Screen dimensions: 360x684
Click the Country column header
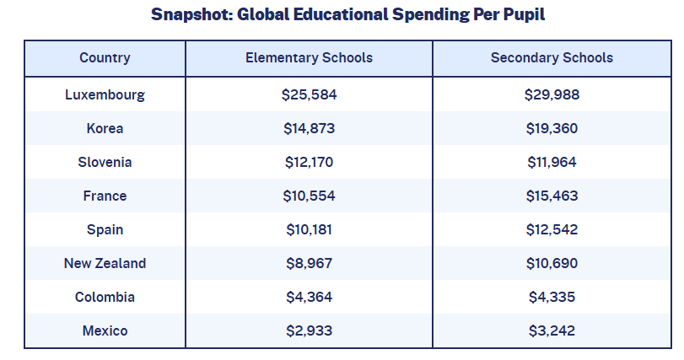[105, 58]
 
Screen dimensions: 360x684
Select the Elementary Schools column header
[309, 58]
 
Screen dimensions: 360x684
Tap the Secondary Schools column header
[552, 58]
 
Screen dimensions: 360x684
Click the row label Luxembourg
[105, 94]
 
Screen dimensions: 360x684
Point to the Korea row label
[105, 128]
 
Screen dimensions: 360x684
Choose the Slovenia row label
[105, 162]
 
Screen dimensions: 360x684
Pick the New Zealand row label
[105, 263]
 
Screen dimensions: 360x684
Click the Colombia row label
[105, 297]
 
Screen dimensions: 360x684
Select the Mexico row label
[105, 330]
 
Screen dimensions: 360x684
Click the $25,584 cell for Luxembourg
[309, 94]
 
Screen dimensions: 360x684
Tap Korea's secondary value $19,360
[552, 128]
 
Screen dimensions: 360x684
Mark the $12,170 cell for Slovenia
[309, 162]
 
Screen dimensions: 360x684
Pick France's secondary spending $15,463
[552, 196]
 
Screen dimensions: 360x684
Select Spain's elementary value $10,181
[309, 229]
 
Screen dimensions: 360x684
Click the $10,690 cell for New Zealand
[552, 263]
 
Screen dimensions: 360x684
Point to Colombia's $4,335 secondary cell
[552, 297]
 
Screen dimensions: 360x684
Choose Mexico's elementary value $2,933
[309, 330]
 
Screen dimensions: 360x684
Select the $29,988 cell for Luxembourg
[552, 94]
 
